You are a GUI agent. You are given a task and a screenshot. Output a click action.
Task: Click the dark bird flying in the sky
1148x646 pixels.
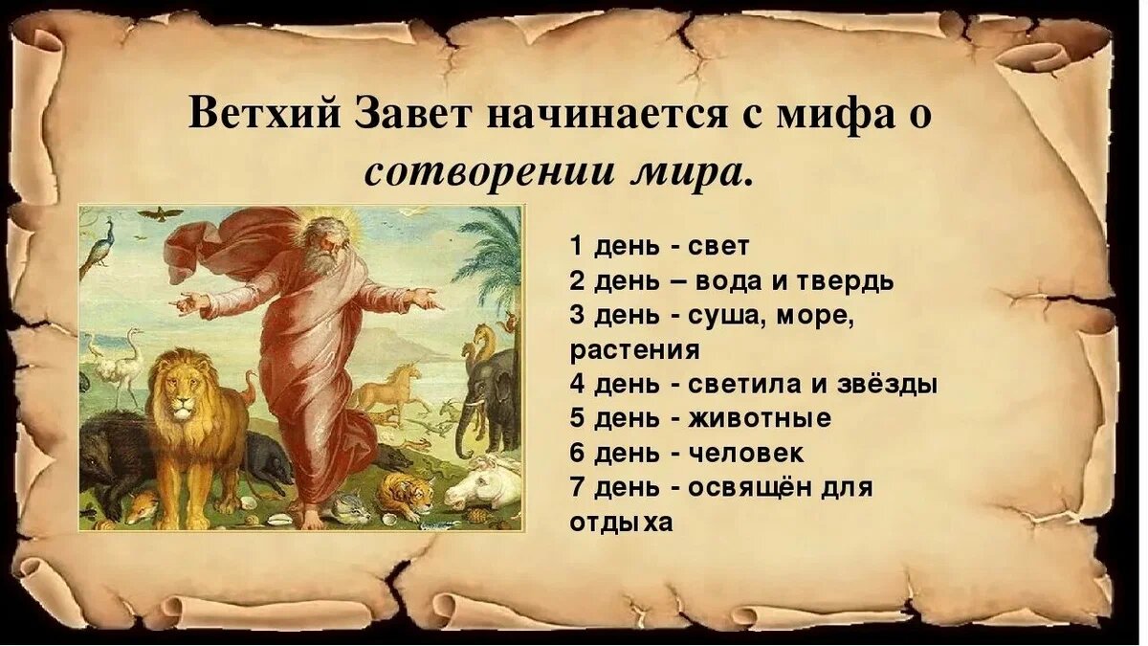[x=160, y=212]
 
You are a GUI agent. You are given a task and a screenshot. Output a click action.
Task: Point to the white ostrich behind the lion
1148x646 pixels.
[x=124, y=359]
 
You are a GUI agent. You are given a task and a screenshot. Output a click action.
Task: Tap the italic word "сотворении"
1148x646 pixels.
[x=473, y=172]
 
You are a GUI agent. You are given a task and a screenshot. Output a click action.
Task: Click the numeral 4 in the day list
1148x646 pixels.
[x=577, y=385]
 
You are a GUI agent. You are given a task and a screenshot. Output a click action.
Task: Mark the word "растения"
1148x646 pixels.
[x=635, y=350]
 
